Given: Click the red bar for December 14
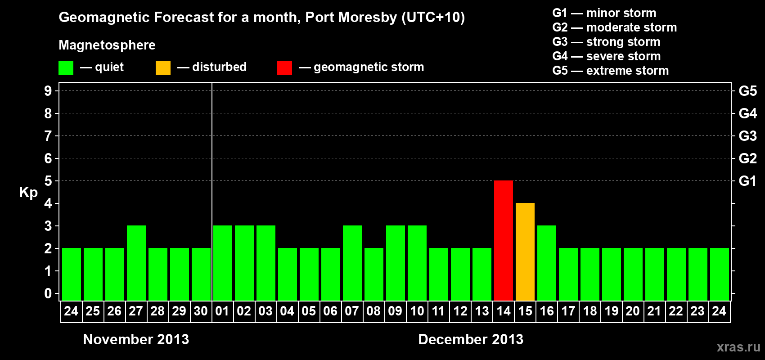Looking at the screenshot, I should pyautogui.click(x=503, y=240).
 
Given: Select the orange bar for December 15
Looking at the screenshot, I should pyautogui.click(x=525, y=252).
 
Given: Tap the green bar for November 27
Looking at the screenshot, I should pyautogui.click(x=136, y=263).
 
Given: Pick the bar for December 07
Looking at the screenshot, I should pyautogui.click(x=352, y=263).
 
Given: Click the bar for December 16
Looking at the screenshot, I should pyautogui.click(x=546, y=263).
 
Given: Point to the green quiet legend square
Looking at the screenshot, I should pyautogui.click(x=66, y=68).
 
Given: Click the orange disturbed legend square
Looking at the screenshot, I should pyautogui.click(x=163, y=68).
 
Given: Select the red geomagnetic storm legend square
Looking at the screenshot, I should pyautogui.click(x=284, y=68).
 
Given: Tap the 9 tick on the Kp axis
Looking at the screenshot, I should pyautogui.click(x=48, y=91).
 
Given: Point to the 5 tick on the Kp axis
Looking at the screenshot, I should pyautogui.click(x=48, y=181).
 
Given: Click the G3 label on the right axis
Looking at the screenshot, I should pyautogui.click(x=747, y=136).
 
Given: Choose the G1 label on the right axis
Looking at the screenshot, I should pyautogui.click(x=747, y=181).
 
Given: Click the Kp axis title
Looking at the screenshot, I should pyautogui.click(x=28, y=193).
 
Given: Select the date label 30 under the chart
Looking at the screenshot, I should pyautogui.click(x=201, y=311).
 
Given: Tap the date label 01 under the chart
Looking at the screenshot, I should pyautogui.click(x=222, y=311).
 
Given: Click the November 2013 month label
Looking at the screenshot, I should pyautogui.click(x=136, y=339).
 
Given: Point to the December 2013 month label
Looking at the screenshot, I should pyautogui.click(x=471, y=339).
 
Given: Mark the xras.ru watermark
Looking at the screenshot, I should pyautogui.click(x=738, y=347).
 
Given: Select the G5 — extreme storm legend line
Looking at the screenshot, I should pyautogui.click(x=610, y=71).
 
